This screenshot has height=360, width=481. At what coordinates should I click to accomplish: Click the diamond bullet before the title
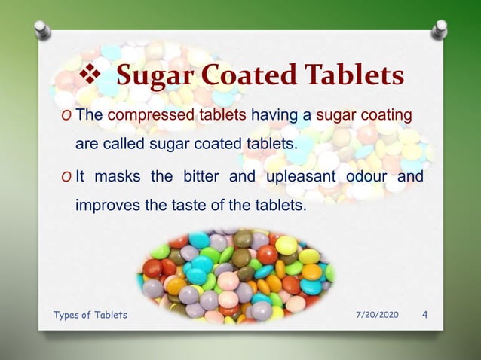tap(89, 77)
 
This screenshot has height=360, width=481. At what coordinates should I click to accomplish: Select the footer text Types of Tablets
tap(90, 315)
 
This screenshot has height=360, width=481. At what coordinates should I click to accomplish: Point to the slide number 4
tap(425, 314)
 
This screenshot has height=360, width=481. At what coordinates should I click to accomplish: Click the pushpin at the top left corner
tap(43, 31)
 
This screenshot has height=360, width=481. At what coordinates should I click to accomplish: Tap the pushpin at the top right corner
tap(439, 31)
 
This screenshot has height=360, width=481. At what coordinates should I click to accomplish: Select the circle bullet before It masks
tap(68, 178)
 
